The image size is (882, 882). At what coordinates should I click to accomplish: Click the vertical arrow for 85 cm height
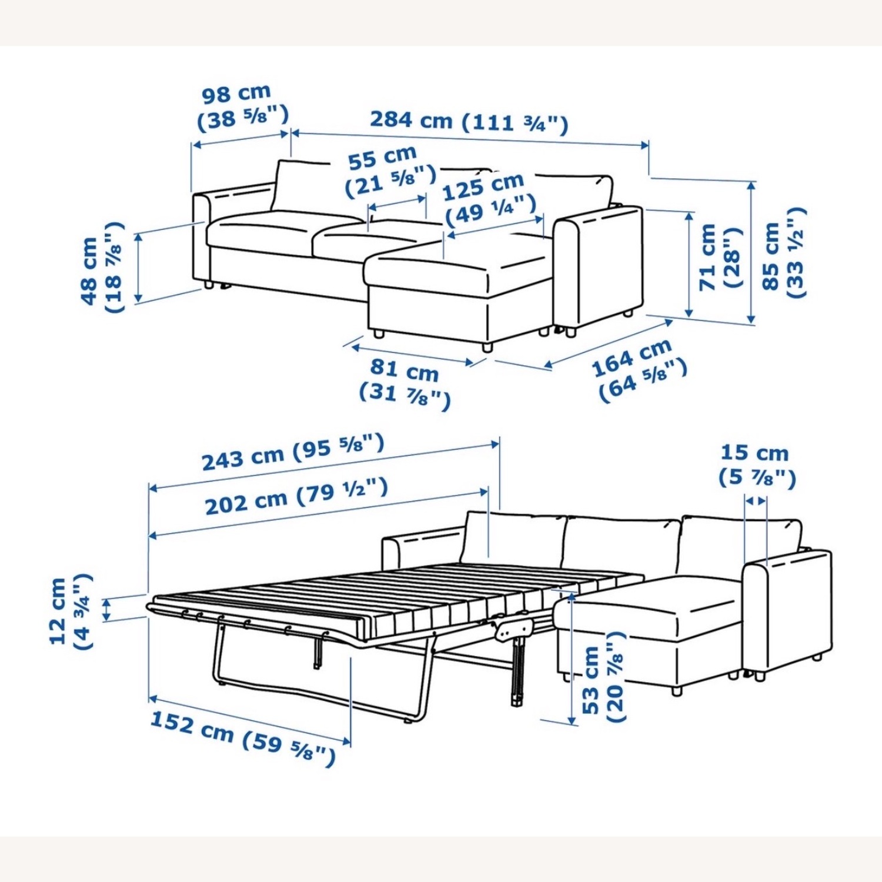tap(751, 253)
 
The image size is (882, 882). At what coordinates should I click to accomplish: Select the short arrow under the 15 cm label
tap(756, 501)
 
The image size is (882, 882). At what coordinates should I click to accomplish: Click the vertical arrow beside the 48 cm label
tap(139, 268)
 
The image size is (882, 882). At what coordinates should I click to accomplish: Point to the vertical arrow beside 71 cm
tap(689, 265)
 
